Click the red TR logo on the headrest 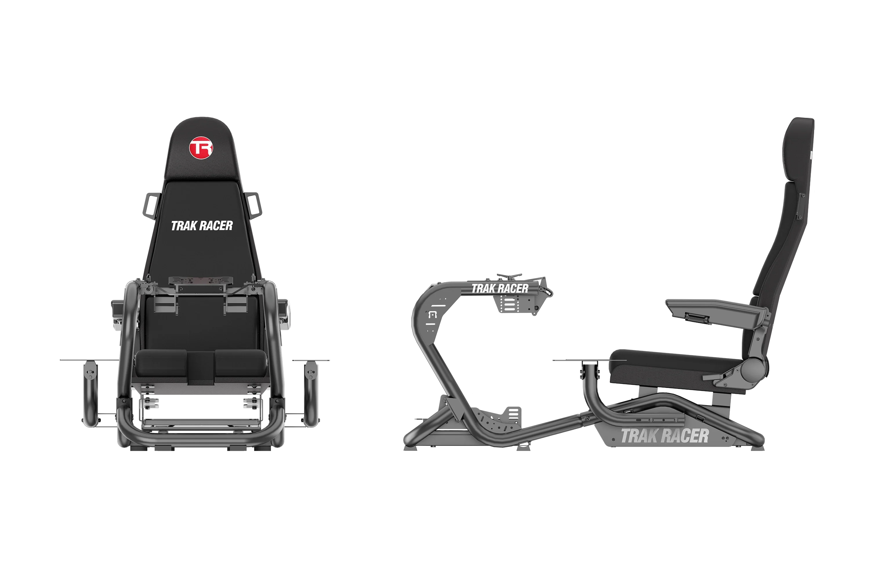[201, 148]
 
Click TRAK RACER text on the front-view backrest [202, 226]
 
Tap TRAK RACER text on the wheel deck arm [500, 288]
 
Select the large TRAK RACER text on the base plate [664, 436]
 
